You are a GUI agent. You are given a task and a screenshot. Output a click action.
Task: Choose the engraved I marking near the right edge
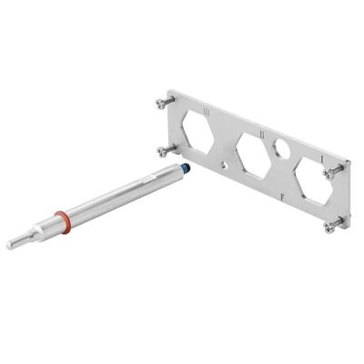click(324, 159)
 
